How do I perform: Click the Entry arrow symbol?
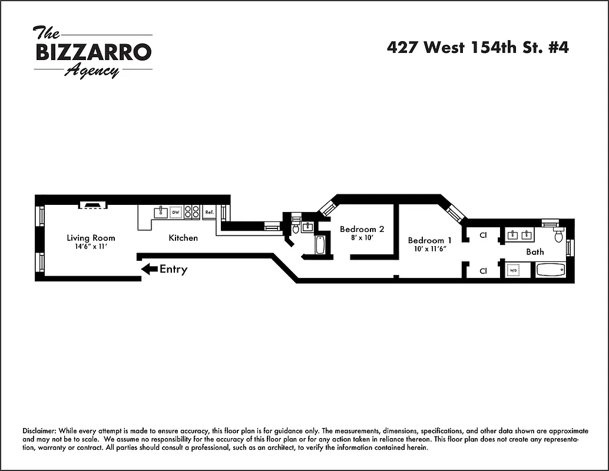tap(150, 269)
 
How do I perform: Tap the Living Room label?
tap(91, 238)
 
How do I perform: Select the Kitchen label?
tap(183, 238)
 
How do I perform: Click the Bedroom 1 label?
tap(430, 240)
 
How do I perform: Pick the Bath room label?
tap(535, 251)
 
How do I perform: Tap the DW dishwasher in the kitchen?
tap(176, 212)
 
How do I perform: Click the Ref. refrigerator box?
tap(209, 212)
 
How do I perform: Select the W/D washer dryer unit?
tap(514, 271)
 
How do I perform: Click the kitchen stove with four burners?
tap(192, 212)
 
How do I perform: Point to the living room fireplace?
tap(93, 205)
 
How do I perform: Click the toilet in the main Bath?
tap(558, 235)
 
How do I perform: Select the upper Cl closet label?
tap(483, 235)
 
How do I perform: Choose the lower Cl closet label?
tap(483, 271)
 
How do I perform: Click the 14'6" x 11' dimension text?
tap(91, 247)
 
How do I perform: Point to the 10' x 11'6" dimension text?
tap(430, 249)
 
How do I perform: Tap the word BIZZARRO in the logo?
tap(94, 52)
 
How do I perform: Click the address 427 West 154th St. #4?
tap(478, 48)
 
